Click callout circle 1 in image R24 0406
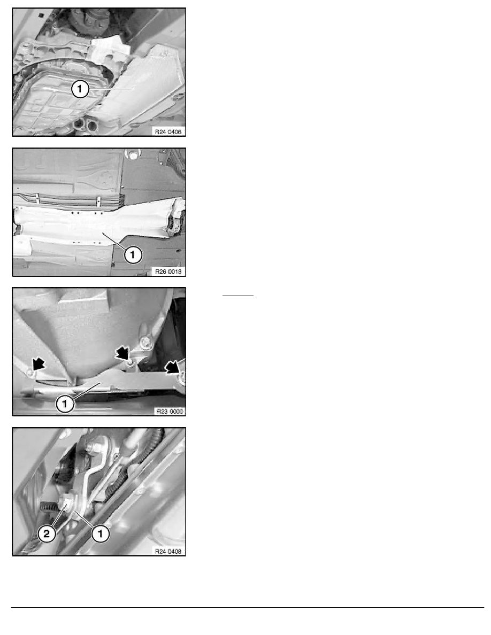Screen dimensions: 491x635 coord(80,89)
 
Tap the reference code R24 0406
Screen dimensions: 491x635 coord(168,131)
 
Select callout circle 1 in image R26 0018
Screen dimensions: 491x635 coord(133,255)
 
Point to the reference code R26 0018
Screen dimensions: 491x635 coord(168,272)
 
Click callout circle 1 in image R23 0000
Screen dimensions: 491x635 coord(65,404)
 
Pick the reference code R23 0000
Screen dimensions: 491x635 coord(170,412)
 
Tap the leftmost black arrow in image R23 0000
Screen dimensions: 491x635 coord(37,364)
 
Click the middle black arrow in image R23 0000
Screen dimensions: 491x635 coord(122,353)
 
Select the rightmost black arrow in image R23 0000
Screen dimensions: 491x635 coord(173,367)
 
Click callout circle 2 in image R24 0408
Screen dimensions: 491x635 coord(47,533)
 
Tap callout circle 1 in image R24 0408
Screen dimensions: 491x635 coord(101,533)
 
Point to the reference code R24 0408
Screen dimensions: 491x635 coord(168,551)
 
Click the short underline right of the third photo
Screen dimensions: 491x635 coord(238,296)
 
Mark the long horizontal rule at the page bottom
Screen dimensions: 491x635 coord(248,607)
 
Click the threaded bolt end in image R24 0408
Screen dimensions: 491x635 coord(48,506)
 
